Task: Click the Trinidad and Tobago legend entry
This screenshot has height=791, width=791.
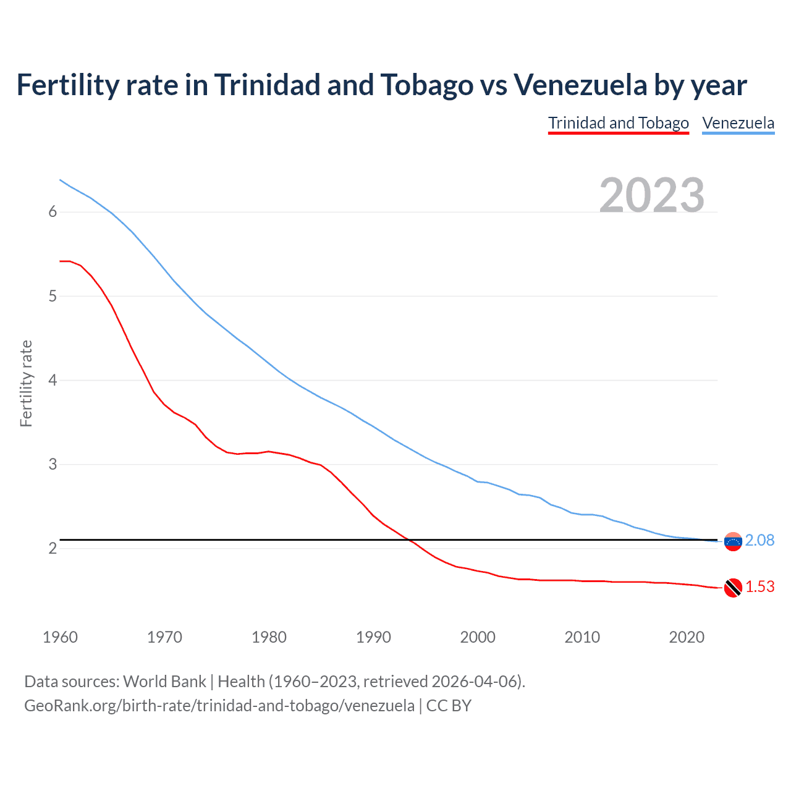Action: pos(618,123)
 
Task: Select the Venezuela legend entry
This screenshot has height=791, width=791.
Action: pos(738,123)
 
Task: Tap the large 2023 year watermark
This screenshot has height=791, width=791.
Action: pos(651,195)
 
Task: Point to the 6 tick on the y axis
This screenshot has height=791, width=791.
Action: pos(53,212)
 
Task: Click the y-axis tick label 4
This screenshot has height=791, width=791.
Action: pos(53,380)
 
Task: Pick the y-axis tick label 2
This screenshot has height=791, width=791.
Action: pos(53,548)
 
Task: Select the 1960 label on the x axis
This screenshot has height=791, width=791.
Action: pos(60,637)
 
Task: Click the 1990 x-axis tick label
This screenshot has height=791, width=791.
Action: pos(373,637)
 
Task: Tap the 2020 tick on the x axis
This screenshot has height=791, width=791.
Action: pos(687,637)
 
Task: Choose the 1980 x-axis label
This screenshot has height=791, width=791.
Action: pos(269,637)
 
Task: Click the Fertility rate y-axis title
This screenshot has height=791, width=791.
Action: pos(26,383)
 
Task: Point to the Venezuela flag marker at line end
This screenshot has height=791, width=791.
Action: pos(732,541)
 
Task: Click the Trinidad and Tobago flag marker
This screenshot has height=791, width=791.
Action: pos(732,588)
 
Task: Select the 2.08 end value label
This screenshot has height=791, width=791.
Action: pos(759,540)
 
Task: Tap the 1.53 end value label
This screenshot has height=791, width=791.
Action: pos(759,586)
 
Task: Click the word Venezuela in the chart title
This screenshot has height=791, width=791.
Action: pos(580,85)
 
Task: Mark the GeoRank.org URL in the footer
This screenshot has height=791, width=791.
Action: pos(219,705)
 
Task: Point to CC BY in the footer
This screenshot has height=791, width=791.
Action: pos(449,705)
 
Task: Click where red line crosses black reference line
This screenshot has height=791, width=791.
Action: pos(408,540)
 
